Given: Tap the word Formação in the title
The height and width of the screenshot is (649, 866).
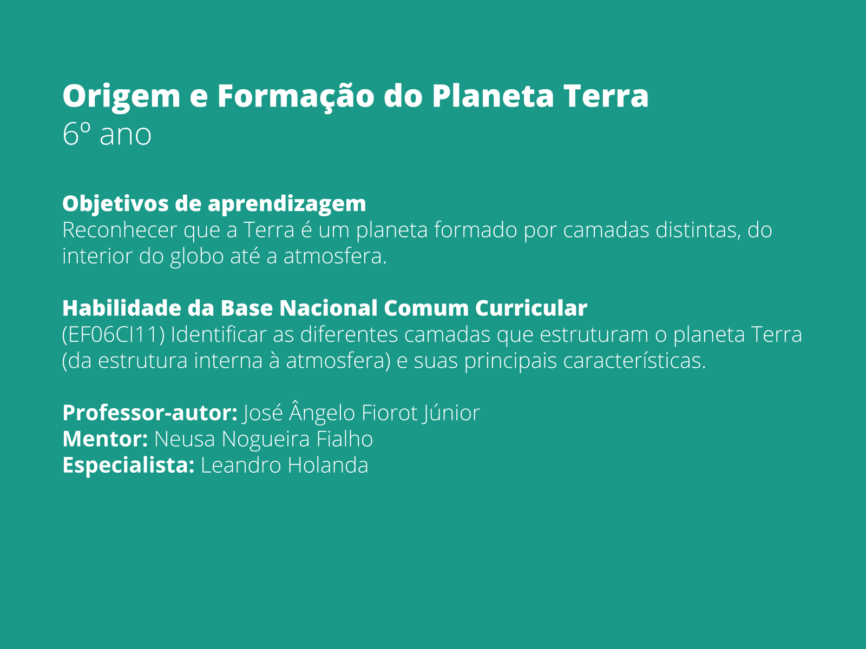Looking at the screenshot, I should coord(296,96).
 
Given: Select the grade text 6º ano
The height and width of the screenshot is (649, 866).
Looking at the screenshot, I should coord(107,134).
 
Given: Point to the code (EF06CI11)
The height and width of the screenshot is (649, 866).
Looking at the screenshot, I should coord(113,335).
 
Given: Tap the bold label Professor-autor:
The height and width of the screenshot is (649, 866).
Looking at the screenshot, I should coord(150,413).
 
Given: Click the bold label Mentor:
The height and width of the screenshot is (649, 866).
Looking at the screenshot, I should coord(105,439).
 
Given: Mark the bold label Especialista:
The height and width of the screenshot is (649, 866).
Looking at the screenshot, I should coord(128,465).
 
